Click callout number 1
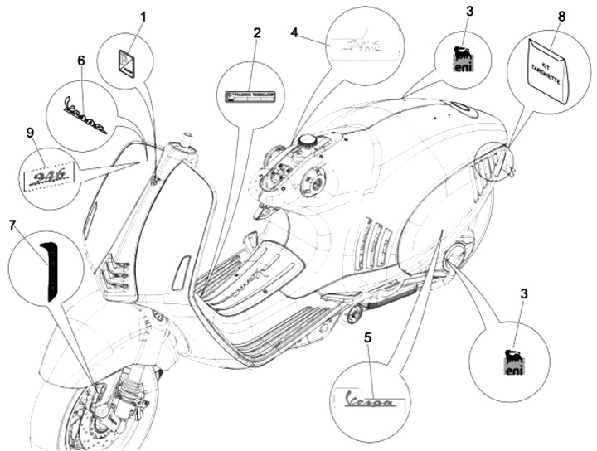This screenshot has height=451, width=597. point(143,16)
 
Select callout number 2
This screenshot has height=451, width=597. point(257,33)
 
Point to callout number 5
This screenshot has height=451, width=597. point(368,337)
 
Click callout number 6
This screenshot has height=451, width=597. point(80,61)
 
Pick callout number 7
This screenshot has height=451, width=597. point(12,225)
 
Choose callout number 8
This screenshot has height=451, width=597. point(562,16)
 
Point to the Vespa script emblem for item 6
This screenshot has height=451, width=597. point(85,117)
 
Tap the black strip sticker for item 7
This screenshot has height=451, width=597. point(51,266)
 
